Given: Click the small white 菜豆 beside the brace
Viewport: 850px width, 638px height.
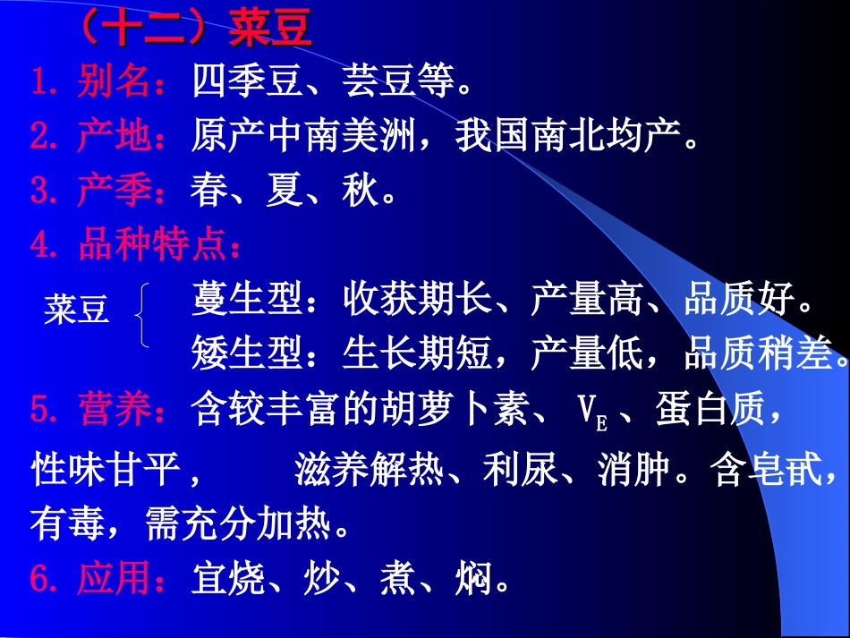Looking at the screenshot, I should (76, 310).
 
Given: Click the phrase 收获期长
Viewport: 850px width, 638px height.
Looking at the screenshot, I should (418, 301).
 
